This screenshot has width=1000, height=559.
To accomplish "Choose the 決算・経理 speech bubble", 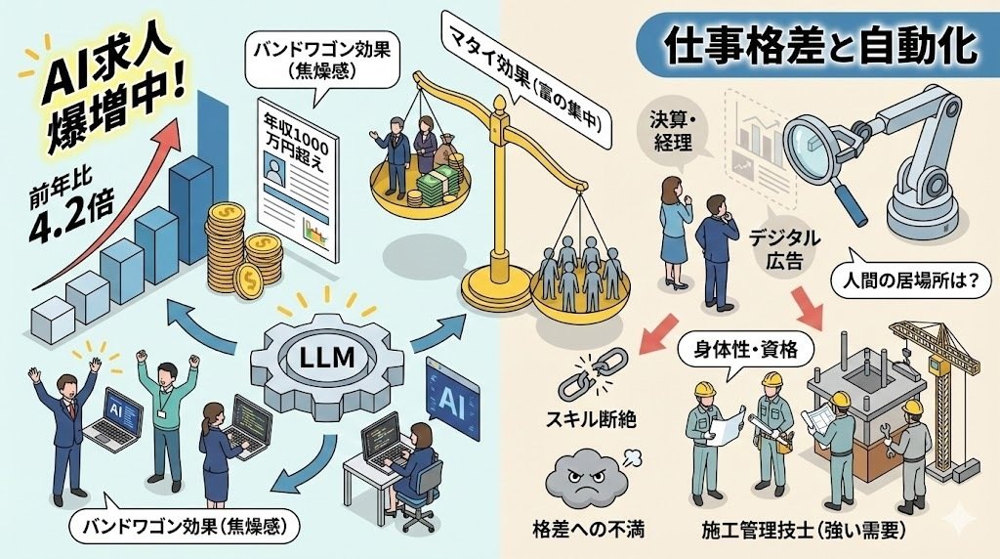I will click(673, 135).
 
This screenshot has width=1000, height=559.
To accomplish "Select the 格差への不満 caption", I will click(584, 530).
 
